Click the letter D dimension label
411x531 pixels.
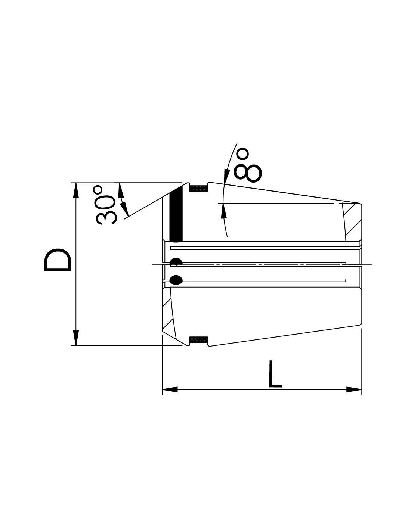pos(58,260)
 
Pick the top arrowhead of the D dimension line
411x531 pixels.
pos(76,190)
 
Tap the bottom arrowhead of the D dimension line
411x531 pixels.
pos(76,338)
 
